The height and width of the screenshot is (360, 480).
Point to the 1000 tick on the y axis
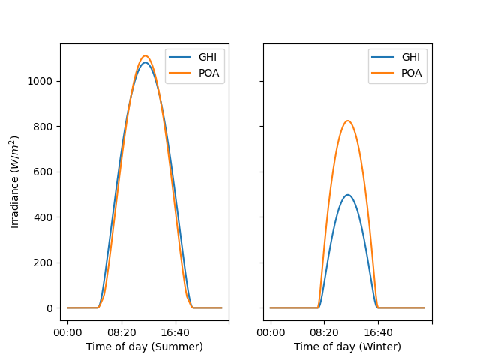[42, 81]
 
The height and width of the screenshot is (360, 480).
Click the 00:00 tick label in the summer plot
[67, 331]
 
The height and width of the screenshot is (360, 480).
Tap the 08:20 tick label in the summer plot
[121, 331]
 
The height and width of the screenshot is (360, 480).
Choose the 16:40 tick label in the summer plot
[175, 331]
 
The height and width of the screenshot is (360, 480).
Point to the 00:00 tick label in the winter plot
[271, 331]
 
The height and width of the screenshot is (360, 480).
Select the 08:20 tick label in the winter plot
[324, 331]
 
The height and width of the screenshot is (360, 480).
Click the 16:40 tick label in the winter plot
[378, 331]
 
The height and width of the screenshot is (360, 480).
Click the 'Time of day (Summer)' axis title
[144, 346]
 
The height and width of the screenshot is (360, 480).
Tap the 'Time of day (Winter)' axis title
[347, 346]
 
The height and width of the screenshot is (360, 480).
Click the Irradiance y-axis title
[14, 181]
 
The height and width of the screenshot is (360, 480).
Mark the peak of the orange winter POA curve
[347, 121]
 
